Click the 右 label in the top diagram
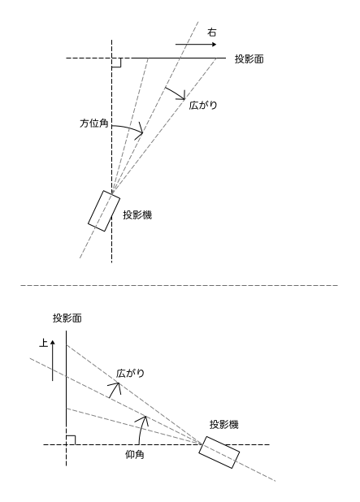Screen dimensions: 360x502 212,32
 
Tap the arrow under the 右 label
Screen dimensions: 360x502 196,45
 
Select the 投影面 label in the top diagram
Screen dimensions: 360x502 249,59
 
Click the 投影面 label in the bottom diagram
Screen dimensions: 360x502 67,318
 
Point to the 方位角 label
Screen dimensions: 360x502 93,123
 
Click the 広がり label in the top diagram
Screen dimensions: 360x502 203,106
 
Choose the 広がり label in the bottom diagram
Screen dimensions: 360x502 130,374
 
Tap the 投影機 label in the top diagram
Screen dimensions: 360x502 137,215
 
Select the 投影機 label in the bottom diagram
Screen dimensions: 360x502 224,425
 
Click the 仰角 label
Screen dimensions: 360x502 135,455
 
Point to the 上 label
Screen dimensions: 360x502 44,344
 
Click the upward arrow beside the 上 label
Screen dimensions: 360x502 53,360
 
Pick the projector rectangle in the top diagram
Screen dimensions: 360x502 104,210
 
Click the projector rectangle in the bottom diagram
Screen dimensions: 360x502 219,452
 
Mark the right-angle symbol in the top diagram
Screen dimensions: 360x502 116,63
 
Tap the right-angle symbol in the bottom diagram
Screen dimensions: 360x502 71,440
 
